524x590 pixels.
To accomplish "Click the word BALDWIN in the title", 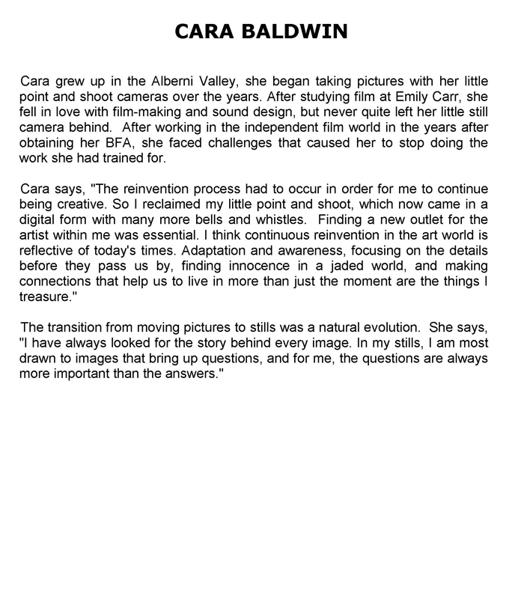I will [x=294, y=31].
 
